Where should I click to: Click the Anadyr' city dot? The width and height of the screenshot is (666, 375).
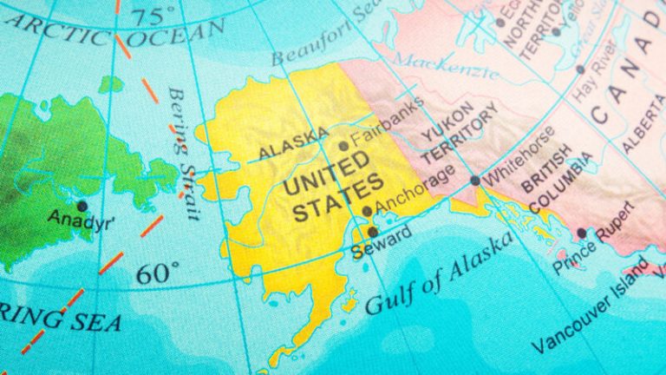click(82, 206)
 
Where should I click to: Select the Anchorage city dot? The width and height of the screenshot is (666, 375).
click(368, 211)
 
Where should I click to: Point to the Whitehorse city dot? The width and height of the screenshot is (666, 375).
click(474, 181)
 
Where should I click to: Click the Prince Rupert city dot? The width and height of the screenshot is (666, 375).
click(581, 233)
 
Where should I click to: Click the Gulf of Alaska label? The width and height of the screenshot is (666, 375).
click(437, 276)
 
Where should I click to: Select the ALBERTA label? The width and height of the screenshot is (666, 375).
click(640, 122)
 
